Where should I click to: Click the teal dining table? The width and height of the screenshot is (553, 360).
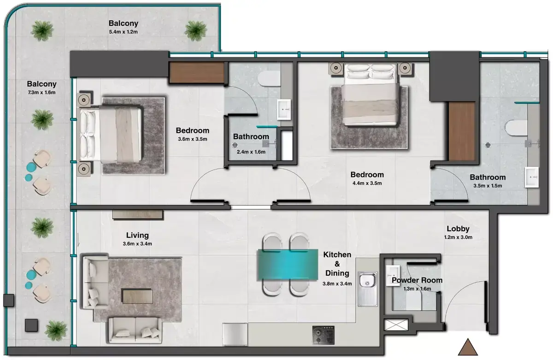288,265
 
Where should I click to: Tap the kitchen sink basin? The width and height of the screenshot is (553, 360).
367,281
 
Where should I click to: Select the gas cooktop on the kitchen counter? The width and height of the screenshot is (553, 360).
323,335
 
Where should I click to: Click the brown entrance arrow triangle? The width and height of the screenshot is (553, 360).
468,348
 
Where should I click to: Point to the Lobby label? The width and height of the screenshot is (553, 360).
458,229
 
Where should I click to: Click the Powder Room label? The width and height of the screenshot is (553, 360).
417,280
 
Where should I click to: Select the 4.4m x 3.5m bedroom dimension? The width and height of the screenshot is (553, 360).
367,183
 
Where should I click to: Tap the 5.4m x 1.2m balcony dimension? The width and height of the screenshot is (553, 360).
124,32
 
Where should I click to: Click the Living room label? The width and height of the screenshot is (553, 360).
137,235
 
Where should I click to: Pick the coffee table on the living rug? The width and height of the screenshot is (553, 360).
137,296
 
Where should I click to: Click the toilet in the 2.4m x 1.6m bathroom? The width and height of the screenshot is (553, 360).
269,79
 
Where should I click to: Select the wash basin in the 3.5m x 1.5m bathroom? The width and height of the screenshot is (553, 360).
531,177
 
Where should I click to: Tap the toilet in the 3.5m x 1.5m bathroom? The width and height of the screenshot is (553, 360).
516,128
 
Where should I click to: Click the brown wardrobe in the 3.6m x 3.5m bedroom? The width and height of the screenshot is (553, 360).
197,72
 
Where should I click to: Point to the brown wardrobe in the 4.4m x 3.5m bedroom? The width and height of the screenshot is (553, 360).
462,131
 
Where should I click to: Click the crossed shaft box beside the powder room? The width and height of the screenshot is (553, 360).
396,325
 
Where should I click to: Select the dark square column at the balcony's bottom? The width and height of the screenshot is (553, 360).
31,325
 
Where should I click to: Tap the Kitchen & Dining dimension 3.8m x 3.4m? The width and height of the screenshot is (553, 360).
337,284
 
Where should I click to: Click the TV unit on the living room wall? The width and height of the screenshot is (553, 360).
138,214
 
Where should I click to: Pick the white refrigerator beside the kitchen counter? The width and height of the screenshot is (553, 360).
235,335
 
